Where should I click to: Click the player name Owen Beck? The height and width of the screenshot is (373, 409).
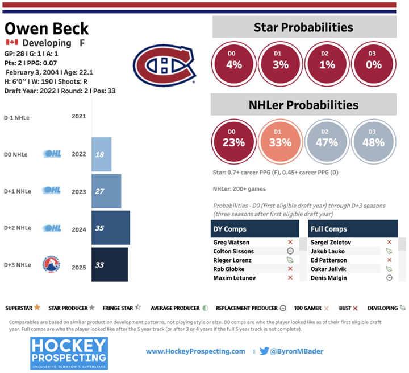[x=47, y=28]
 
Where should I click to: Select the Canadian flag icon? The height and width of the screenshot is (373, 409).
[x=12, y=43]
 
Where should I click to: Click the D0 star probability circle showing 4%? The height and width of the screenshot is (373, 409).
[x=233, y=64]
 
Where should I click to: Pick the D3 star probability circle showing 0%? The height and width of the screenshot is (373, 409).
[x=373, y=64]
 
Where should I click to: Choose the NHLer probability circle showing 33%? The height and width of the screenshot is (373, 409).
[x=280, y=142]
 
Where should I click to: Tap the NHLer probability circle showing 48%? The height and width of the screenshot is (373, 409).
[x=373, y=142]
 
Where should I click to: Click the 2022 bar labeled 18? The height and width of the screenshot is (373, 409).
[x=101, y=154]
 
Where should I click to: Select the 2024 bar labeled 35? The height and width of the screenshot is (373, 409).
[x=111, y=228]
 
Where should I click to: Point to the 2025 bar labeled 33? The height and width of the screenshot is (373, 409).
[x=110, y=265]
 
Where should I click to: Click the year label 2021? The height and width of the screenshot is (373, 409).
[x=80, y=117]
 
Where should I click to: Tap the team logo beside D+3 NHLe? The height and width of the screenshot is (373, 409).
[x=51, y=265]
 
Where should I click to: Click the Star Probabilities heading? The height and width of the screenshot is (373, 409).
[x=303, y=27]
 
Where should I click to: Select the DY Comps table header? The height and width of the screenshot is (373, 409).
[x=255, y=228]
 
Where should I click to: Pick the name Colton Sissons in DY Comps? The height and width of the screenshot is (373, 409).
[x=233, y=251]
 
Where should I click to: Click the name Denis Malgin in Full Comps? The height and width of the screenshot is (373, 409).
[x=329, y=278]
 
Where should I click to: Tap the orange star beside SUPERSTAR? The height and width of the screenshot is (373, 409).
[x=37, y=308]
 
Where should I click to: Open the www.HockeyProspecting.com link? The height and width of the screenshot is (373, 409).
[x=195, y=352]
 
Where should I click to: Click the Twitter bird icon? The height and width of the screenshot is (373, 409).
[x=264, y=351]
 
